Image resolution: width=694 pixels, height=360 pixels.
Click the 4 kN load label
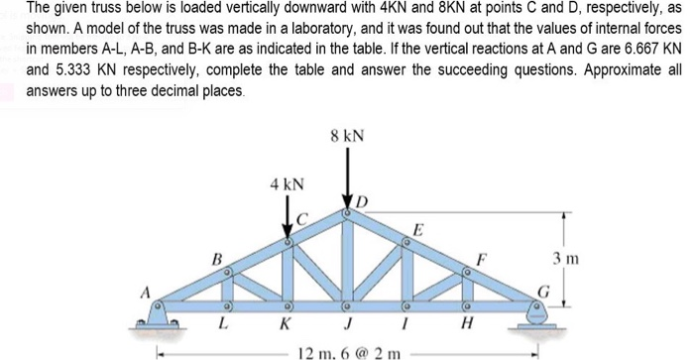coord(287,184)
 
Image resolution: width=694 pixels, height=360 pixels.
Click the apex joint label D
coord(362,202)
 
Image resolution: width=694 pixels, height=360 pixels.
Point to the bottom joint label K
coord(286,325)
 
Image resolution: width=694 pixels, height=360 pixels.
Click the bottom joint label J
coord(347,325)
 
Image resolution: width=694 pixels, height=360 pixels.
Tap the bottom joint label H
coord(467,325)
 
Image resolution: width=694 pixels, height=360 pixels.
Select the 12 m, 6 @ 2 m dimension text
coord(346,351)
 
